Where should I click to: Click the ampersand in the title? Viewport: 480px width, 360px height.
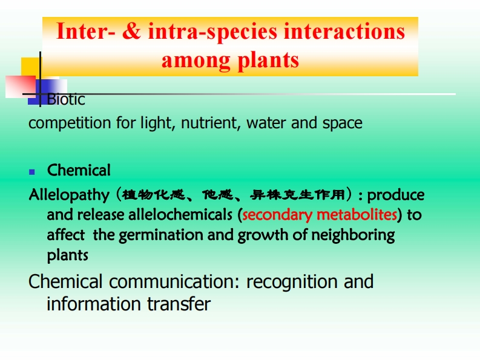[131, 31]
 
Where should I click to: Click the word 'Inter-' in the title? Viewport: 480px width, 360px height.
[86, 31]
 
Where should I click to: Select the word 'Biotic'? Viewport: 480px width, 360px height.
[66, 99]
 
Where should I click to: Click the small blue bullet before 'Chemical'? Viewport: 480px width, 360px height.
[32, 172]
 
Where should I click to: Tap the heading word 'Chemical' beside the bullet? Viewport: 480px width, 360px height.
[79, 170]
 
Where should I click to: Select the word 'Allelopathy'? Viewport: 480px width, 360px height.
[69, 195]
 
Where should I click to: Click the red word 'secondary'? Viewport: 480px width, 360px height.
[277, 215]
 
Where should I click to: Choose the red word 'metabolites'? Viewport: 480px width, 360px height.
[357, 215]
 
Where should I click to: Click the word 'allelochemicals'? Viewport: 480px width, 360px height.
[180, 215]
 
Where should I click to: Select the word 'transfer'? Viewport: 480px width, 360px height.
[179, 304]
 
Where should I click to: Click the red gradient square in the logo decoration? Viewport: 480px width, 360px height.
[21, 87]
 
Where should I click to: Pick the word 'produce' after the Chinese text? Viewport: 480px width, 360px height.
[395, 195]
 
